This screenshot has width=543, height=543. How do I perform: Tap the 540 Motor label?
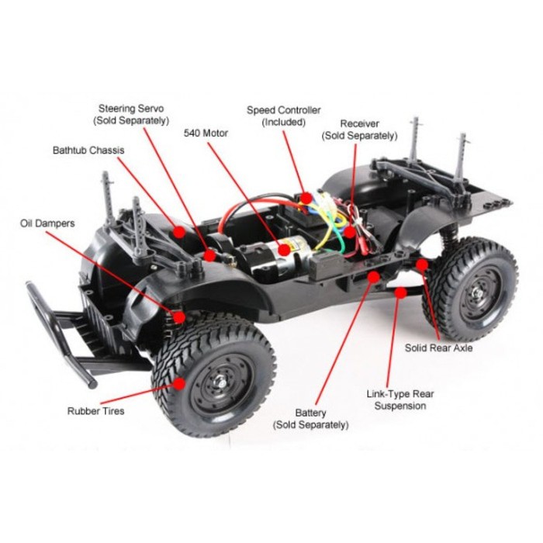click(206, 133)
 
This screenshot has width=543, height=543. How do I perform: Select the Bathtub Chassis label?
click(88, 150)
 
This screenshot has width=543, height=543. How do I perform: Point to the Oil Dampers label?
click(47, 223)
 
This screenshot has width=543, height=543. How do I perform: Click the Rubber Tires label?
click(95, 410)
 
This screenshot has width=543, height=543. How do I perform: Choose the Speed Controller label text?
click(283, 116)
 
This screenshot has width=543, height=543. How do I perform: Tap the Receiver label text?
click(359, 129)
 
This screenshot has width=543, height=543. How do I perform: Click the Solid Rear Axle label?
click(438, 348)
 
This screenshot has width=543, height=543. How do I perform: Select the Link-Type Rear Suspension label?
click(400, 399)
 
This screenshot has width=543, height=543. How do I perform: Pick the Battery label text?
click(310, 418)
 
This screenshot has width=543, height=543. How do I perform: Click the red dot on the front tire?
click(180, 382)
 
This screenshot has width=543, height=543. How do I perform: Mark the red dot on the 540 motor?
click(285, 251)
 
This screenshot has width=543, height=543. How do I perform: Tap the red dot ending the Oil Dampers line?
click(180, 316)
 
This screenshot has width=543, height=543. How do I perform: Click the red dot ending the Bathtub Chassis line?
click(179, 230)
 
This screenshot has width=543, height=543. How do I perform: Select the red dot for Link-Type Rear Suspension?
click(400, 292)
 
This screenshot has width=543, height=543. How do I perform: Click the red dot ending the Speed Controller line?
click(307, 198)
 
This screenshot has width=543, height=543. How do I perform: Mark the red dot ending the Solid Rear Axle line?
click(422, 265)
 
